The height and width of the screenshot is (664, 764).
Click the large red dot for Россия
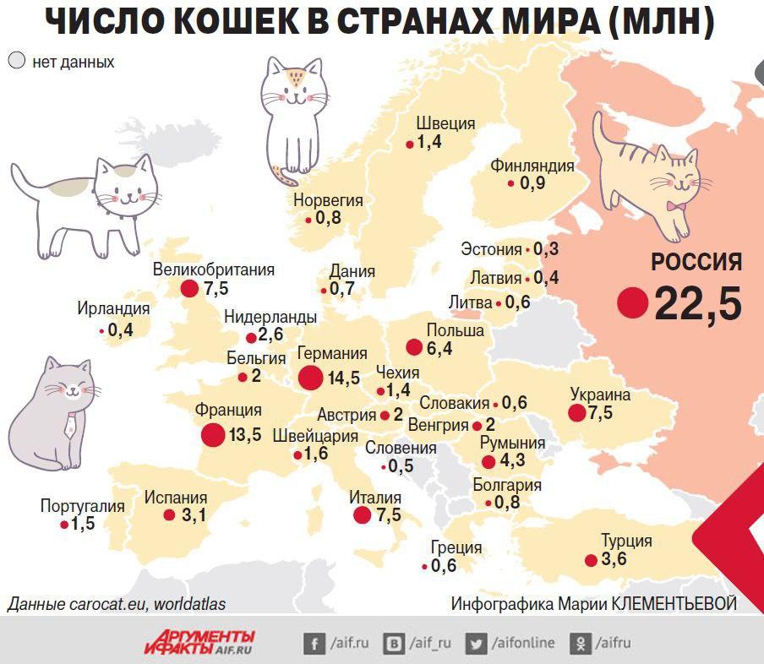tap(632, 302)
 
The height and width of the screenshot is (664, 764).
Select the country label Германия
tap(332, 354)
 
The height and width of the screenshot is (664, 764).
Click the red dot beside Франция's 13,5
tap(213, 435)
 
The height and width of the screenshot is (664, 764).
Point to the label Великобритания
tap(214, 269)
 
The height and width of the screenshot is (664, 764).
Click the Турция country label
tap(626, 541)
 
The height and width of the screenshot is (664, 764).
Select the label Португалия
tap(82, 506)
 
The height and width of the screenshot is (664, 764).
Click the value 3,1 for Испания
tap(194, 515)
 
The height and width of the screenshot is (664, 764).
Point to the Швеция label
tap(446, 123)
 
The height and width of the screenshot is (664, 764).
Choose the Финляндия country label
tap(532, 166)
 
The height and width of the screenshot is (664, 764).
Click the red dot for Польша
tap(413, 347)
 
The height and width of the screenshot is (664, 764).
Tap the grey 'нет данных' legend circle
tap(16, 61)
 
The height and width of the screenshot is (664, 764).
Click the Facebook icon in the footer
tap(314, 644)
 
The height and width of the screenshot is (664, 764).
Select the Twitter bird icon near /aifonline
tap(477, 644)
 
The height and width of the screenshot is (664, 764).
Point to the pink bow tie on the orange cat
tap(674, 205)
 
